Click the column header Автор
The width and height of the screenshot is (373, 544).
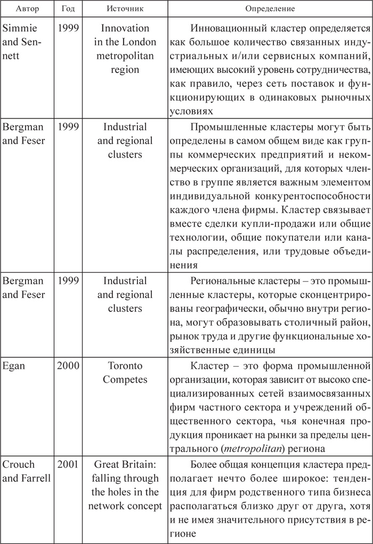tap(26, 10)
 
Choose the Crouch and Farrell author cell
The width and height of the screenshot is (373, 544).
tap(26, 477)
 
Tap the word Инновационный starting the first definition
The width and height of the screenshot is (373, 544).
tap(226, 28)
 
